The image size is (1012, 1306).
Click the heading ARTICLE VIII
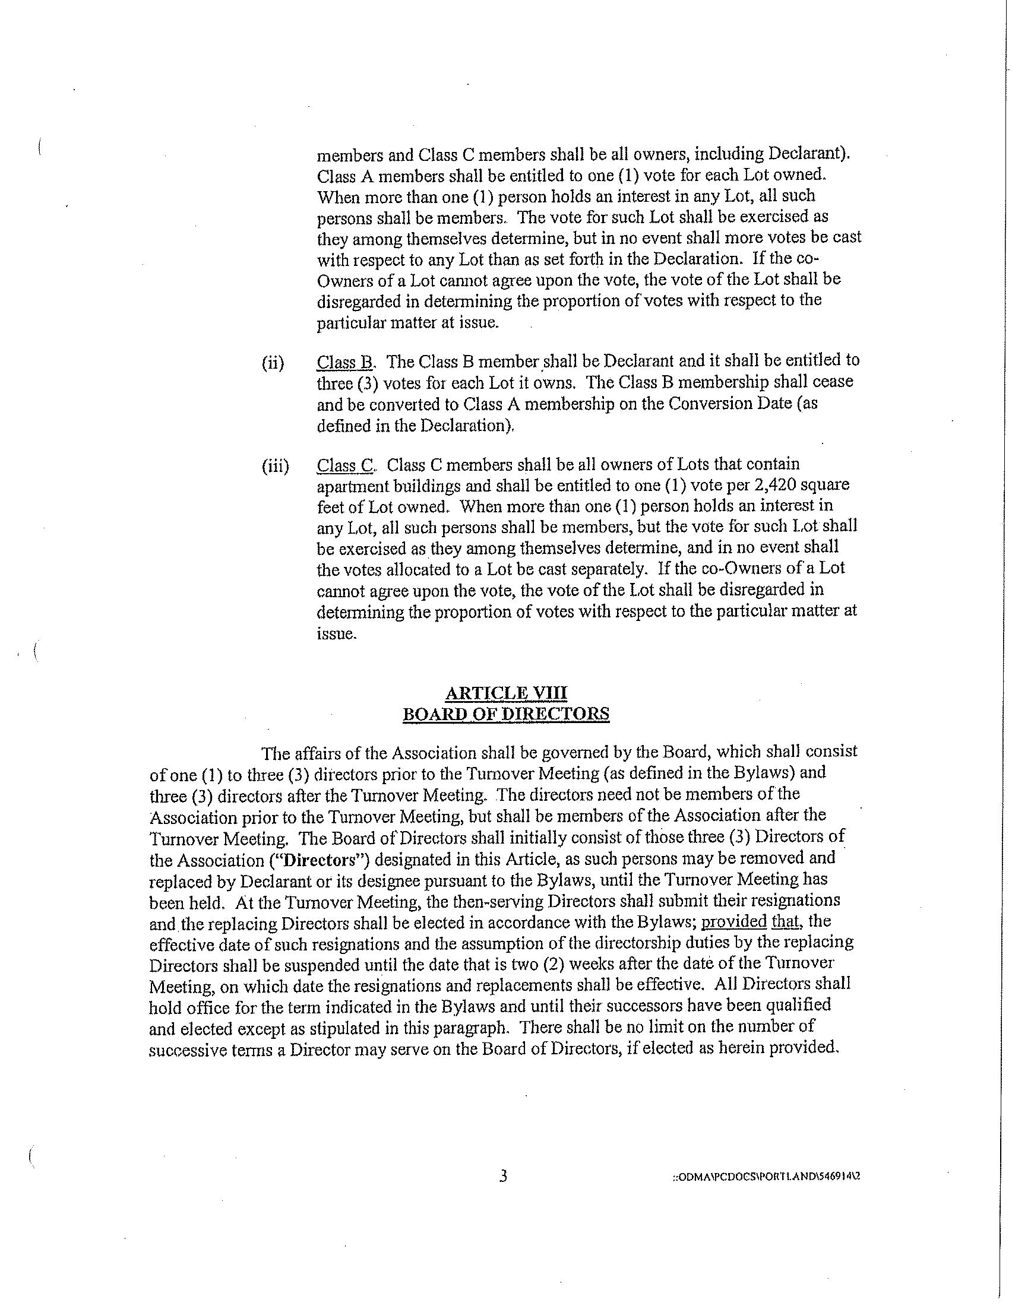point(506,693)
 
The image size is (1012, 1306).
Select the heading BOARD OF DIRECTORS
point(506,715)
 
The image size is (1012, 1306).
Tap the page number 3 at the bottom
point(503,1177)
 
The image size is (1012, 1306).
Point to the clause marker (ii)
point(273,363)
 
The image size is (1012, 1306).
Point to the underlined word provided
point(734,921)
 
